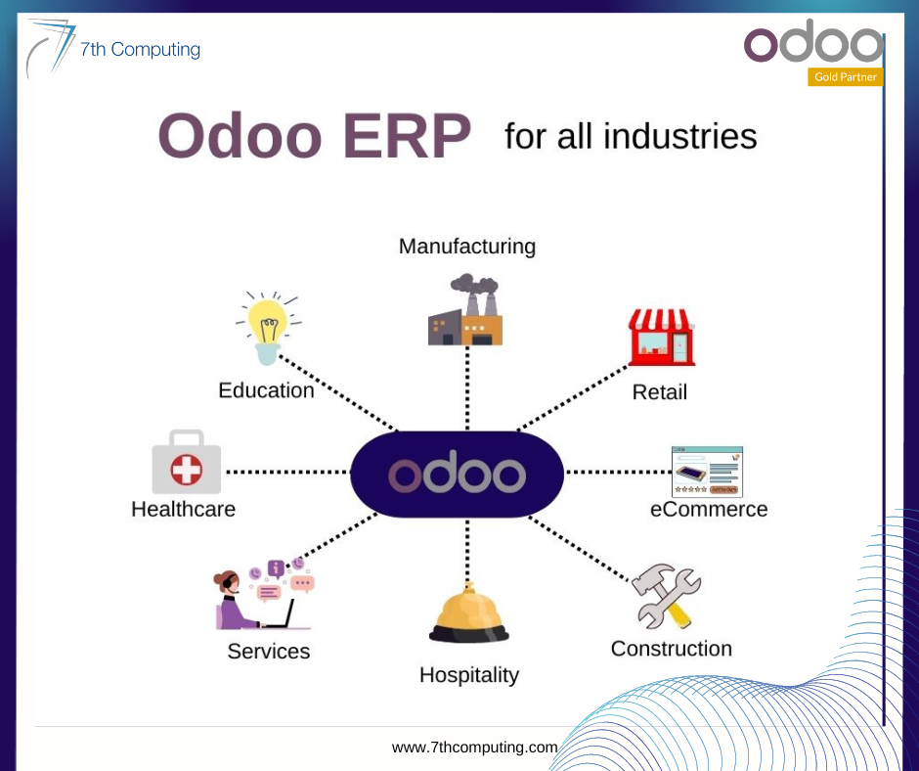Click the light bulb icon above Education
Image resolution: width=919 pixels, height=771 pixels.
(268, 328)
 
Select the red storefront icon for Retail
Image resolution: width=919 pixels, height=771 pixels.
(662, 338)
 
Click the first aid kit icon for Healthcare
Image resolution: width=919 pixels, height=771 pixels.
(187, 462)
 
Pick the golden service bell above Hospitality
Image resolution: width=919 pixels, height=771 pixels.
(469, 612)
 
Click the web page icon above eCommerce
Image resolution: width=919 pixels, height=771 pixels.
(707, 472)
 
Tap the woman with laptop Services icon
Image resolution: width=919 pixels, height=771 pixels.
(264, 594)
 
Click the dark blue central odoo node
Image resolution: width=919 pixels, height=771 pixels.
(458, 475)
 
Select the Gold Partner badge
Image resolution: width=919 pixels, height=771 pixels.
(845, 77)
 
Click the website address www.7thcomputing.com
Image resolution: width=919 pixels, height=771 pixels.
(475, 747)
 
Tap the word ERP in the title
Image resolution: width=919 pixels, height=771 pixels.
(407, 136)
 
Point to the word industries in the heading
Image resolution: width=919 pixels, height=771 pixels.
(679, 136)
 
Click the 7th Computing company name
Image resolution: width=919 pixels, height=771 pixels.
(140, 49)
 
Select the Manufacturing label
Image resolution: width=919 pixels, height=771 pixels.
(467, 247)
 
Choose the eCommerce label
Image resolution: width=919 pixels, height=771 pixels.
(709, 509)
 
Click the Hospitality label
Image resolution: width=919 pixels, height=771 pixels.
(469, 675)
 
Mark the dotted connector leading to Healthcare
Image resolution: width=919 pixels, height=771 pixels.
(287, 472)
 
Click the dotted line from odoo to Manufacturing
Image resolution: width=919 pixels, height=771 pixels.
(467, 387)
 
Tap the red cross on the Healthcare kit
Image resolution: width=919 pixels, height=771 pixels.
(187, 470)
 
